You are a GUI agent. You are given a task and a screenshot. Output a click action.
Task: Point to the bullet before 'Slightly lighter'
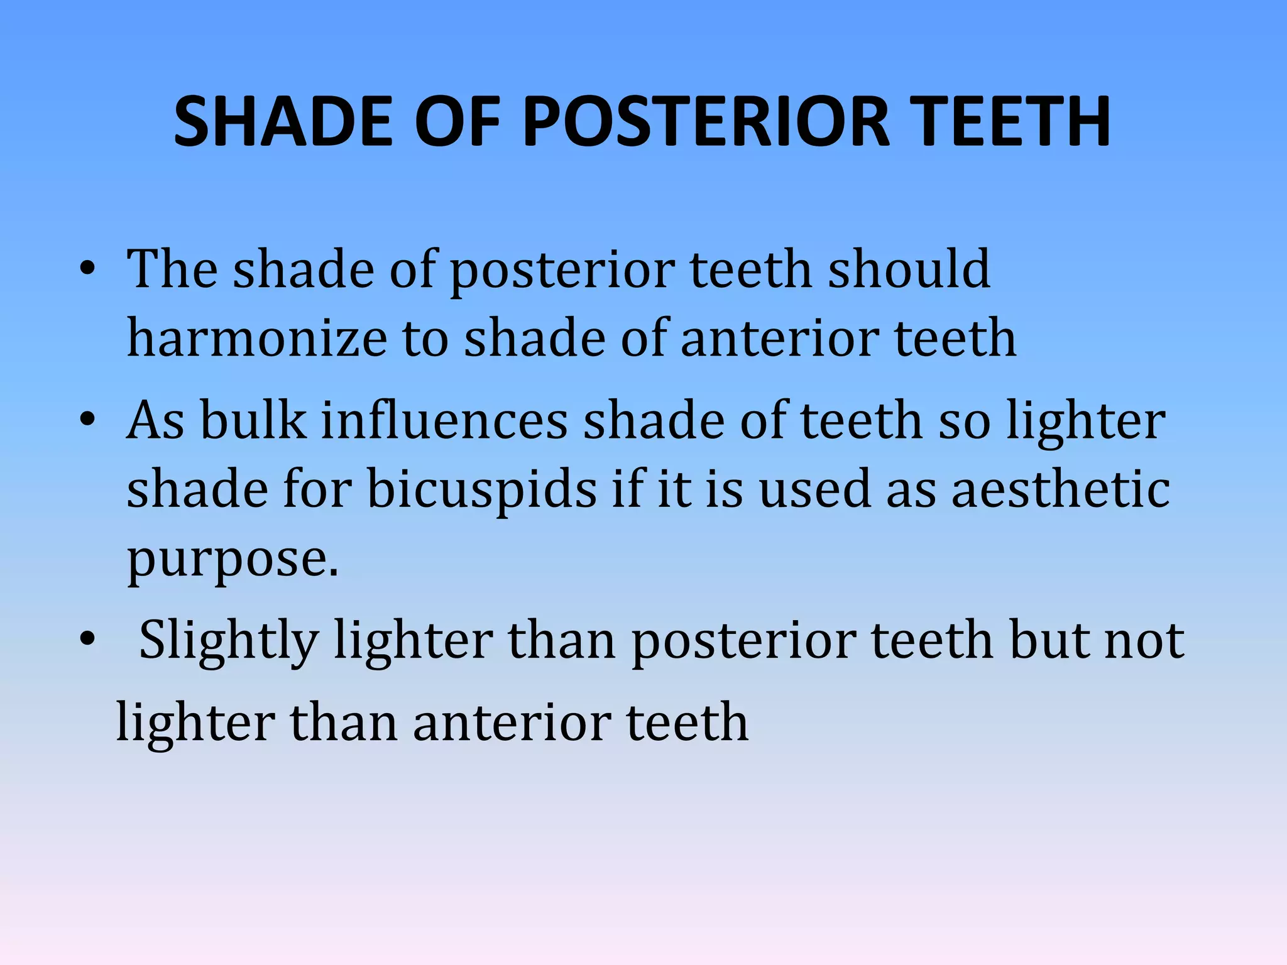coord(87,640)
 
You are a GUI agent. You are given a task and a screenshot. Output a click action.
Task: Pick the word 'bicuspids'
coord(481,490)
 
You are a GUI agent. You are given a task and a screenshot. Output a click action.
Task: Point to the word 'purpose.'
coord(233,559)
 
